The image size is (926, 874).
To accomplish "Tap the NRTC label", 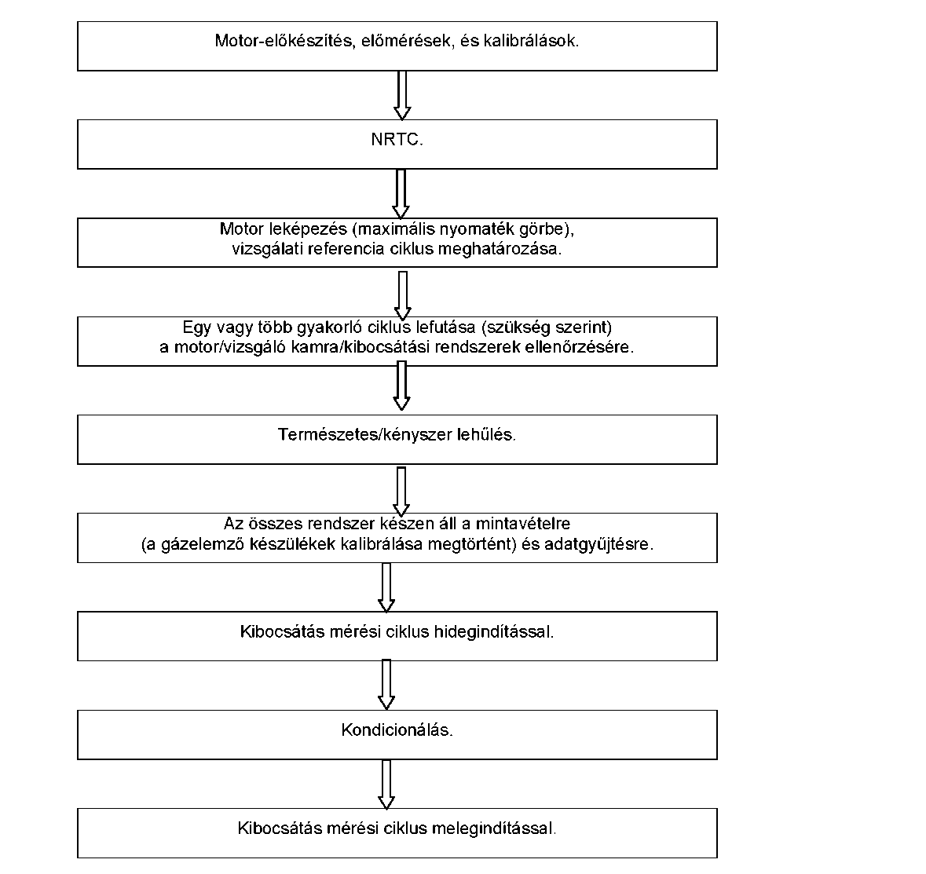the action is click(x=397, y=139).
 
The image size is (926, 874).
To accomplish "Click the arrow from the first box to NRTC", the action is click(x=402, y=95).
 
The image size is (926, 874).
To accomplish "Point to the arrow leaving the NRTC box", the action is click(x=401, y=194).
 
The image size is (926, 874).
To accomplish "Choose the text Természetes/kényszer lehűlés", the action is click(x=397, y=434).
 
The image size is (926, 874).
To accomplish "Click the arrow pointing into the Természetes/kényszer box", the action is click(x=401, y=386).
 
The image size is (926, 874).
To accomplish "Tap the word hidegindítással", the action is click(x=494, y=632).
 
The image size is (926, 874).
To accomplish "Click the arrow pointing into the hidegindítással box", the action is click(x=386, y=587).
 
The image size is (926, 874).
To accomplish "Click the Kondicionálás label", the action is click(x=397, y=730).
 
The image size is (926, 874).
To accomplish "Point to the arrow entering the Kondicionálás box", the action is click(x=386, y=685).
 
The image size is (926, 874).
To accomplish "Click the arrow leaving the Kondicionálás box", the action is click(x=386, y=784).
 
